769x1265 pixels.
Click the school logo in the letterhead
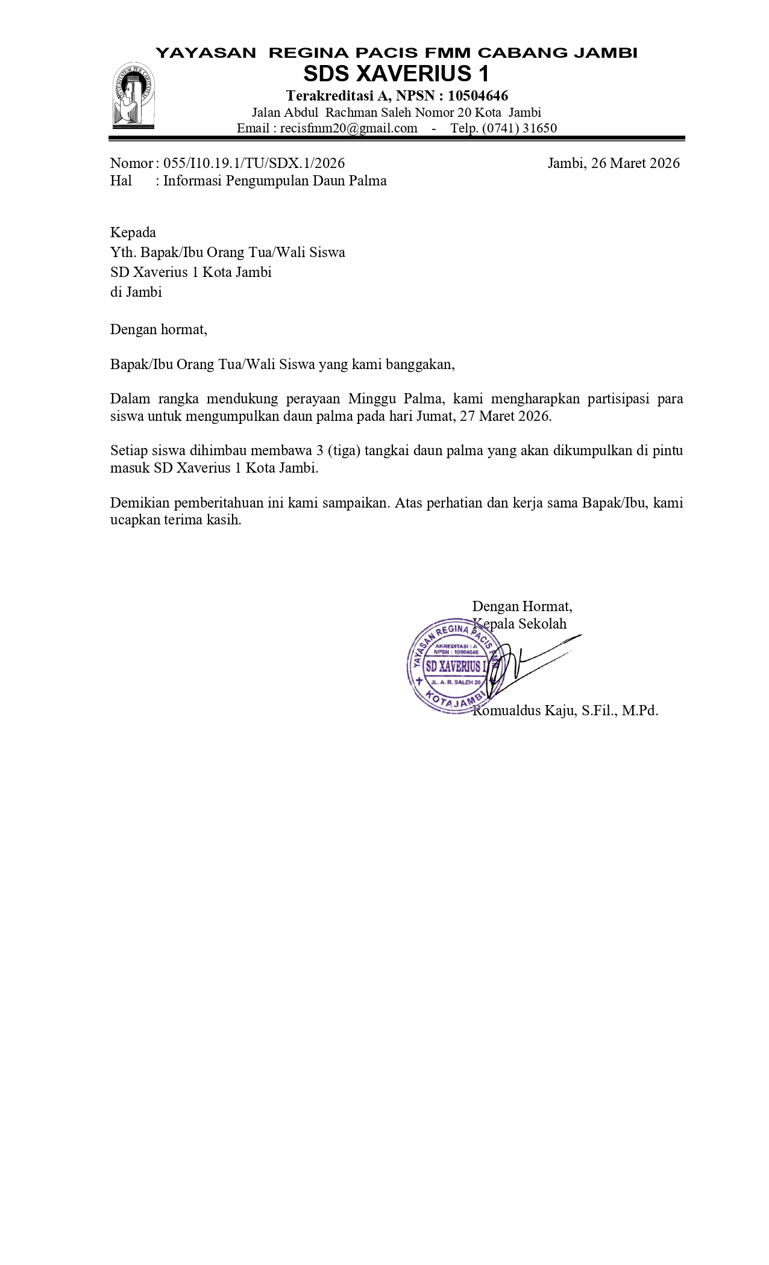click(135, 96)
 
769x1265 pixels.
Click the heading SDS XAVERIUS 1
click(396, 74)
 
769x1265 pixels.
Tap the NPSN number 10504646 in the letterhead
click(478, 96)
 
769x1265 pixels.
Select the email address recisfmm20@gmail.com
click(348, 128)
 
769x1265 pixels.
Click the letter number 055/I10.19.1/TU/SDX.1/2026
click(254, 163)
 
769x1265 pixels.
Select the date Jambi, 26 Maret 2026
click(613, 163)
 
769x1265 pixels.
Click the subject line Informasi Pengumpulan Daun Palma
click(275, 181)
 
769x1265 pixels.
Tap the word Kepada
click(133, 232)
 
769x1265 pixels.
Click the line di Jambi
click(136, 292)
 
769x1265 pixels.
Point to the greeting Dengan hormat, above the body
click(159, 329)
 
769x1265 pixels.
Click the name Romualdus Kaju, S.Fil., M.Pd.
click(565, 710)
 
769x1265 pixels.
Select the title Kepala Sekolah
click(519, 623)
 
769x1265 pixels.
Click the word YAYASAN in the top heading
click(206, 53)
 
